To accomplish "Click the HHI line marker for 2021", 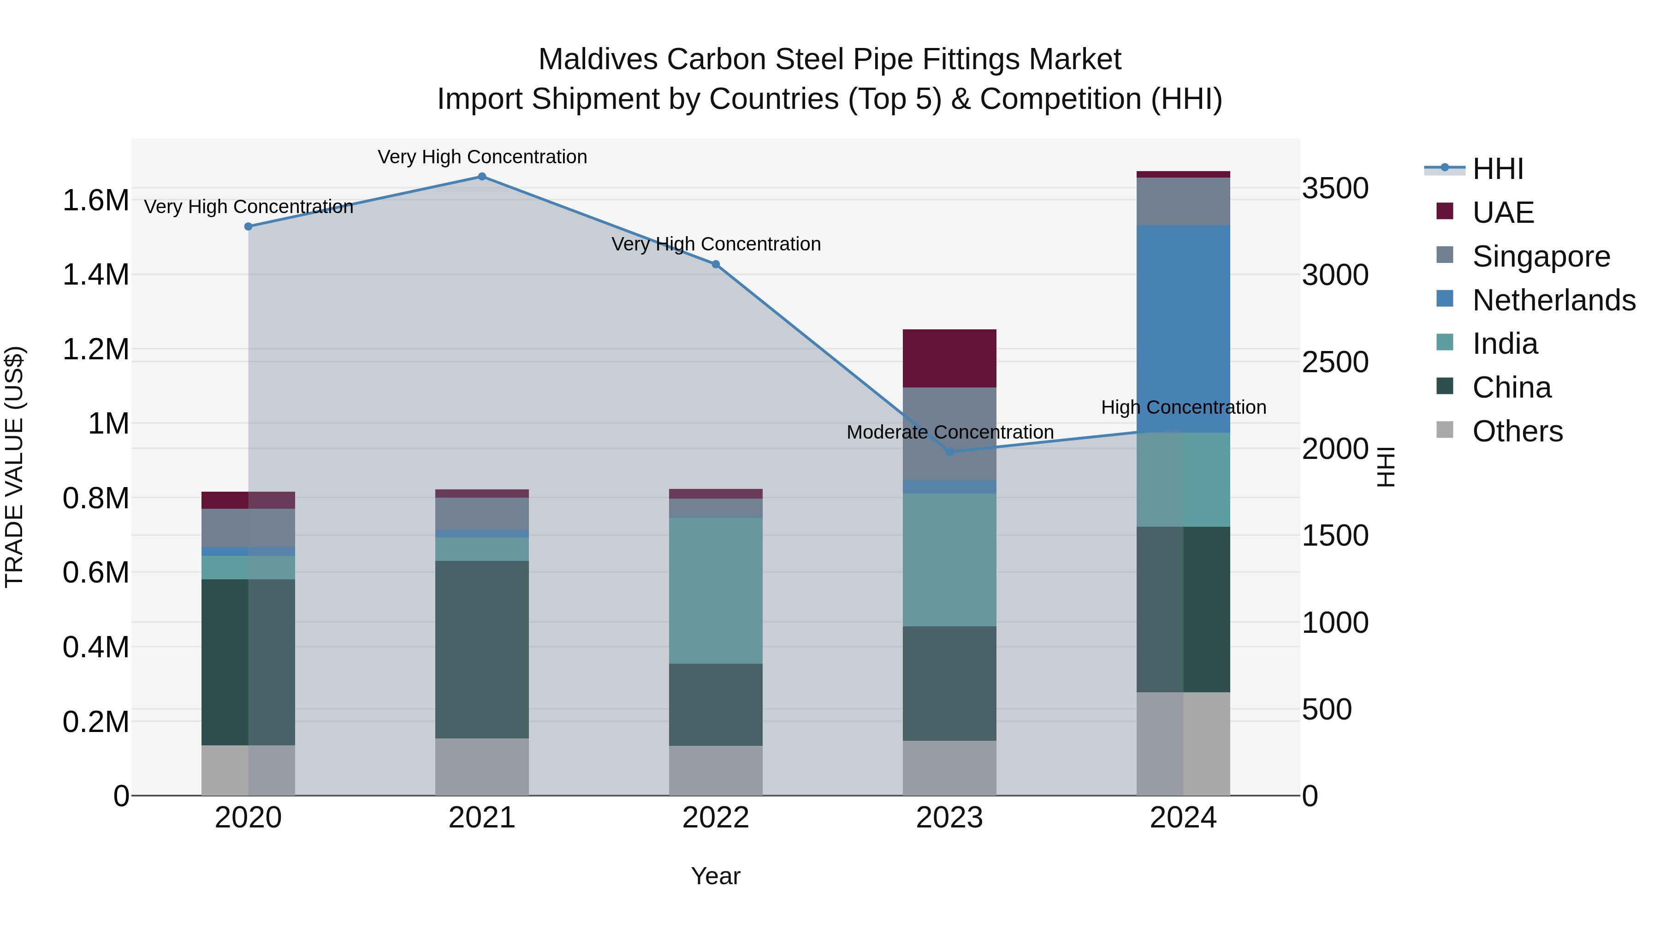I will click(482, 177).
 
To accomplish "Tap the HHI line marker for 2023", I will click(949, 452).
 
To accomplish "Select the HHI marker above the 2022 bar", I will click(715, 264).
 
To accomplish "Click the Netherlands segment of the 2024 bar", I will click(1183, 329).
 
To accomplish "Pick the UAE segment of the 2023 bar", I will click(949, 358).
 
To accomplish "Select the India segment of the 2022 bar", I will click(715, 590).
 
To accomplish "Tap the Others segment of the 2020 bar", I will click(248, 770).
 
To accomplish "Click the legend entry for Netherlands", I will click(1553, 300).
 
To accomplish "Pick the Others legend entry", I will click(1517, 431).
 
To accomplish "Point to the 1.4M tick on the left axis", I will click(95, 275).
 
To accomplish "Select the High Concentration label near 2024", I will click(1183, 407).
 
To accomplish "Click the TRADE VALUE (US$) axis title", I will click(14, 467).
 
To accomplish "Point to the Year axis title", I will click(715, 876).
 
